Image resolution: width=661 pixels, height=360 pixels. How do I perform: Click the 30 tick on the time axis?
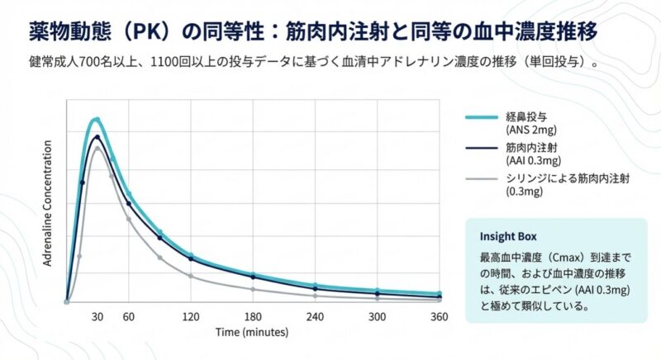pyautogui.click(x=97, y=316)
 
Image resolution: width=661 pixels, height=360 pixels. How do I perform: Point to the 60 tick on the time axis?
pyautogui.click(x=128, y=316)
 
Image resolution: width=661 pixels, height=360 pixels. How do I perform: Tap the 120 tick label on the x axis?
pyautogui.click(x=191, y=316)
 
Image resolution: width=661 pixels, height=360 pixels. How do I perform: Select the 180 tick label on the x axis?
pyautogui.click(x=253, y=316)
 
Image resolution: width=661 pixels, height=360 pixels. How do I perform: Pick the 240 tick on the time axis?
pyautogui.click(x=315, y=316)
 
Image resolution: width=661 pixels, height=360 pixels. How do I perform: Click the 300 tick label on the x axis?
pyautogui.click(x=377, y=316)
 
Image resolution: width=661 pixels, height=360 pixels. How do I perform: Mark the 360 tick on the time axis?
pyautogui.click(x=439, y=316)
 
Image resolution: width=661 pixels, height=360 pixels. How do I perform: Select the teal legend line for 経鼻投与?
pyautogui.click(x=481, y=117)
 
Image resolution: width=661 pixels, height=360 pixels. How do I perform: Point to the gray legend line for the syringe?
pyautogui.click(x=481, y=178)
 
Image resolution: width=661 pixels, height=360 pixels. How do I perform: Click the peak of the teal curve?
pyautogui.click(x=96, y=120)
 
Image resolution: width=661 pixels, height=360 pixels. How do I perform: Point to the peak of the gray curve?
pyautogui.click(x=97, y=148)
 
